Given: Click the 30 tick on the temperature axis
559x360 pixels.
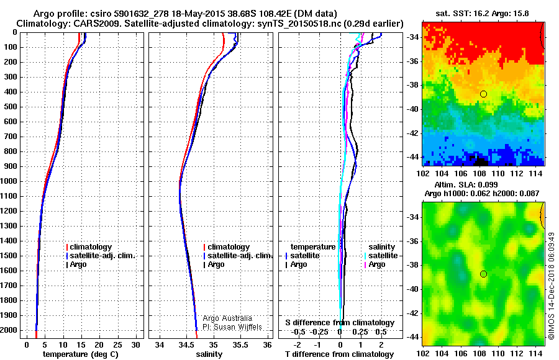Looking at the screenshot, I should tap(135, 345).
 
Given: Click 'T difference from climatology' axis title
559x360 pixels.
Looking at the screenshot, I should tap(339, 354).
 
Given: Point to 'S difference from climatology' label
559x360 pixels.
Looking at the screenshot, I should tap(339, 323).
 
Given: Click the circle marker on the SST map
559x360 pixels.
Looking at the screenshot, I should tap(483, 94).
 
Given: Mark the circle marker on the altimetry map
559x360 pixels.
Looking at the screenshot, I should tap(483, 274).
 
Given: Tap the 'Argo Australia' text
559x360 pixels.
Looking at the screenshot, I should tap(227, 318).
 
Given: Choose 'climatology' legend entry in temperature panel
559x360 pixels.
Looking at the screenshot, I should tap(91, 247).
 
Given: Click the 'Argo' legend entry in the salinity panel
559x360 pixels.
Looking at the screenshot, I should tap(216, 264).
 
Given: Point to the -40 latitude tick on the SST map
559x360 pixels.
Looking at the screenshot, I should tap(412, 109).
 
